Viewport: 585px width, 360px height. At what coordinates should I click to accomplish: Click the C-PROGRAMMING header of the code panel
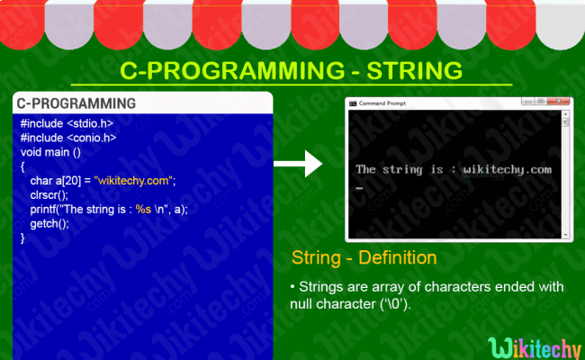(76, 103)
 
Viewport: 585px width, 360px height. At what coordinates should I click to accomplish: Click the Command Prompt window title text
(384, 103)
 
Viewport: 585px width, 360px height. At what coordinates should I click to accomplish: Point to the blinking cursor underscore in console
(359, 189)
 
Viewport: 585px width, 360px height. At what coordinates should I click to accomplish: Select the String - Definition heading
(364, 258)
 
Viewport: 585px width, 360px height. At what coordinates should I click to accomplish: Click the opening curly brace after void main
(22, 166)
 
